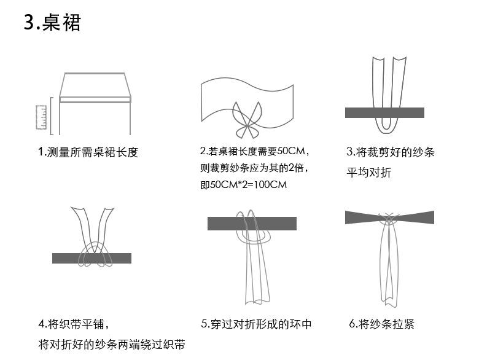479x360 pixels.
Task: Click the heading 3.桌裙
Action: tap(52, 23)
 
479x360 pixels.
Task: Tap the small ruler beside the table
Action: tap(42, 118)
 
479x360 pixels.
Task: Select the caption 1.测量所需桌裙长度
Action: tap(88, 152)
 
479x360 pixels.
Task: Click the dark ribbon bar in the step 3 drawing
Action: tap(384, 112)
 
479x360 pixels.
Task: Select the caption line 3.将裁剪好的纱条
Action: tap(391, 152)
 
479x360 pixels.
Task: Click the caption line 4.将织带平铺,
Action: tap(74, 323)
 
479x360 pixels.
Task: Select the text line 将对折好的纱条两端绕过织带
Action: tap(112, 344)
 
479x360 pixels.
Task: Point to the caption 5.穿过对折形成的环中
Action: tap(256, 324)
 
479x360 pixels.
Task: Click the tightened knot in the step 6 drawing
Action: tap(389, 218)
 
